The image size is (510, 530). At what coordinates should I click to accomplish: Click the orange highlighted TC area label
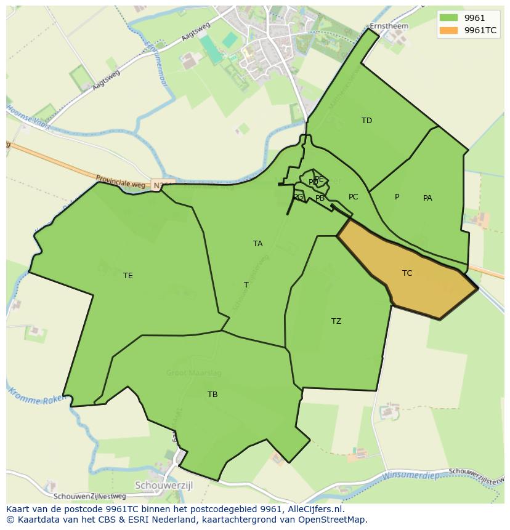[x=407, y=273]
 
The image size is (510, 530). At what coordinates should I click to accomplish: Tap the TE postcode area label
[x=127, y=276]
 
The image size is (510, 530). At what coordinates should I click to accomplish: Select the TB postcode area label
[x=212, y=395]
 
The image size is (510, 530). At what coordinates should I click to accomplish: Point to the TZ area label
[x=336, y=321]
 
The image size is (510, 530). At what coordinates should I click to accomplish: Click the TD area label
[x=366, y=121]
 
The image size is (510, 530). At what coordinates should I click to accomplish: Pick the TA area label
[x=257, y=244]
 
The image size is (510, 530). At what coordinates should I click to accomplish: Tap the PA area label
[x=427, y=198]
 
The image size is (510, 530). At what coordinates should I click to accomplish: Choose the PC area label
[x=353, y=197]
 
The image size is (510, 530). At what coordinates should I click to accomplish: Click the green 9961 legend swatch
[x=448, y=18]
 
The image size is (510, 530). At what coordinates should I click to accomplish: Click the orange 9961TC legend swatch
[x=448, y=30]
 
